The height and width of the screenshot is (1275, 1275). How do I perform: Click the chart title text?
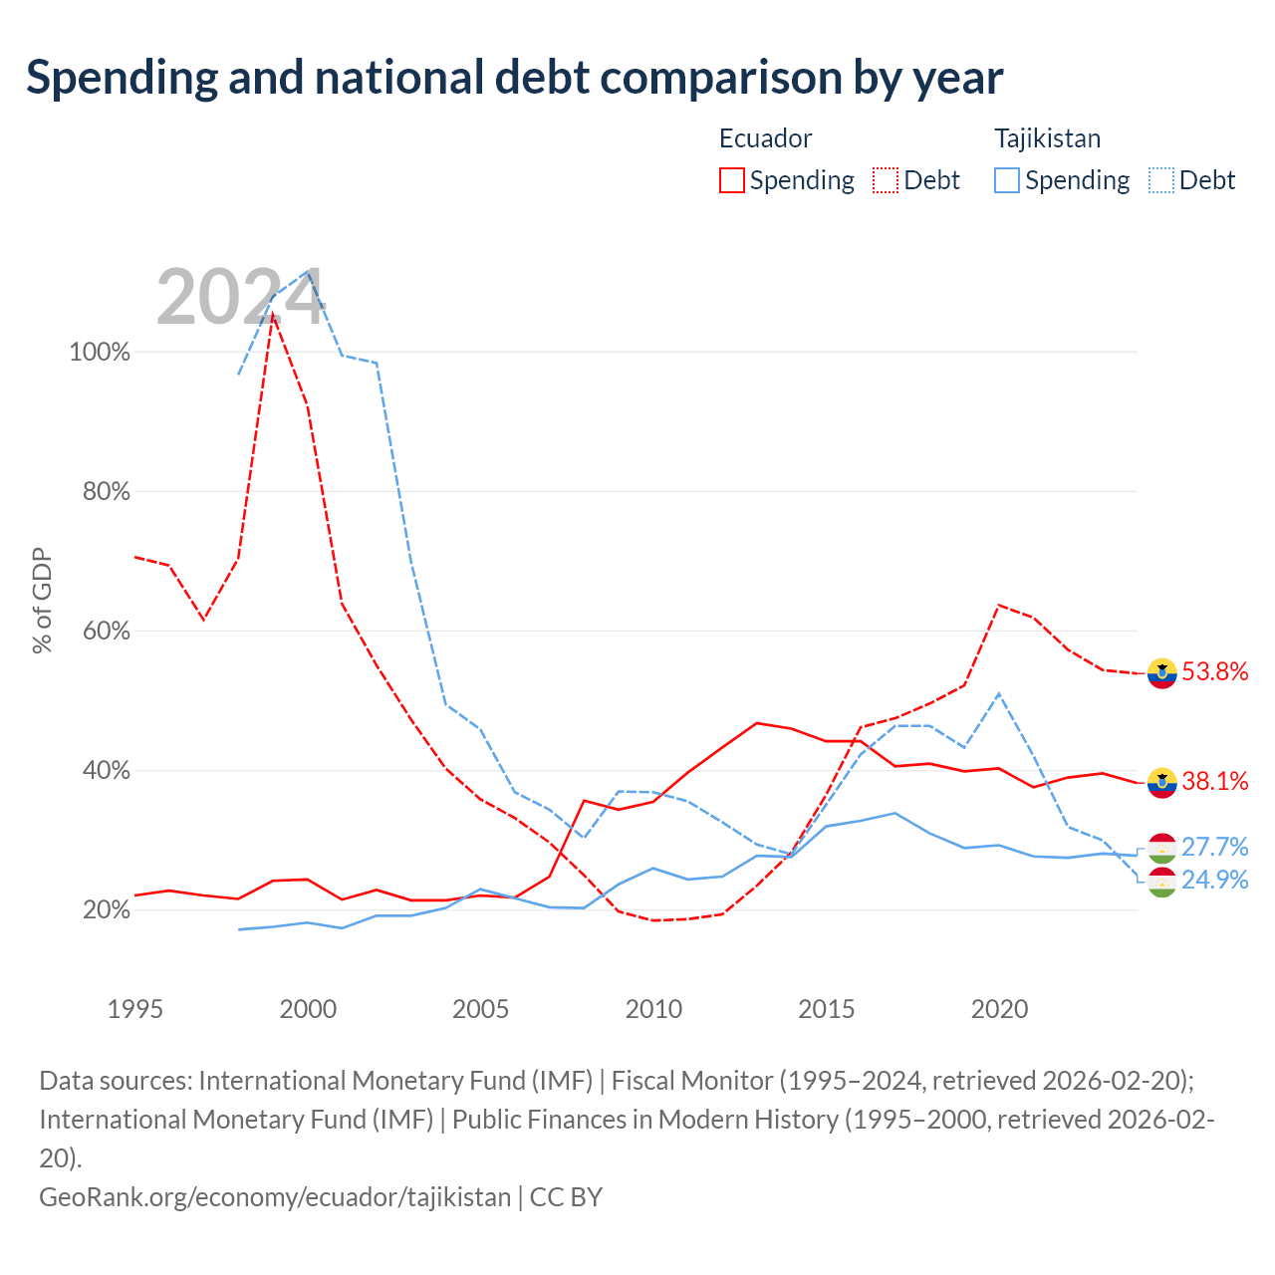click(x=514, y=78)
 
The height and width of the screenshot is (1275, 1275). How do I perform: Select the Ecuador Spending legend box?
click(x=731, y=180)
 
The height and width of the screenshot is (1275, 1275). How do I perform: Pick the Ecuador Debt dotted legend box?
click(x=885, y=180)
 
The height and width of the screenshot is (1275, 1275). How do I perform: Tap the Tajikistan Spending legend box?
click(x=1006, y=180)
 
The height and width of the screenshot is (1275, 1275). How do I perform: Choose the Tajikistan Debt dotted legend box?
click(x=1160, y=180)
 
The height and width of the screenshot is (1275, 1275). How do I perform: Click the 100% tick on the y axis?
click(x=100, y=352)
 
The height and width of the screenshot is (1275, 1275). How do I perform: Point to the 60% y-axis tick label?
click(x=106, y=631)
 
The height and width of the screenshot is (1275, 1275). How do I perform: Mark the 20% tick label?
click(x=106, y=909)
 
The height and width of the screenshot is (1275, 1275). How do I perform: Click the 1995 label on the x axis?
click(x=135, y=1009)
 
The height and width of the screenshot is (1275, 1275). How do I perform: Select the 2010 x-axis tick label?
click(x=653, y=1009)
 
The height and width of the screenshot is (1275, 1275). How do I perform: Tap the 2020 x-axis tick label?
click(x=999, y=1009)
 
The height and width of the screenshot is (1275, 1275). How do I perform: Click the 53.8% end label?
click(x=1215, y=671)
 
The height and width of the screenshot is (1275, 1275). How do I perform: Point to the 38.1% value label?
click(x=1215, y=781)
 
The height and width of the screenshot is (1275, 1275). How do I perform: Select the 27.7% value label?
click(x=1215, y=847)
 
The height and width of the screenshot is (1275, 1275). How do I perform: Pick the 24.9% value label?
click(x=1215, y=880)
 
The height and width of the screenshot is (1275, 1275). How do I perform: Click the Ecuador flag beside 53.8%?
click(x=1161, y=673)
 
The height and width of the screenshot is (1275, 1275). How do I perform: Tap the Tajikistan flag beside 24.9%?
click(x=1161, y=882)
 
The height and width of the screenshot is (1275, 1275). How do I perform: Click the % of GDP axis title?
click(x=41, y=600)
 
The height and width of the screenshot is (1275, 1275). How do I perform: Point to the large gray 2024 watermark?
click(x=240, y=297)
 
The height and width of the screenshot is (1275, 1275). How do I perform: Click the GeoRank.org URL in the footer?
click(x=275, y=1197)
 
